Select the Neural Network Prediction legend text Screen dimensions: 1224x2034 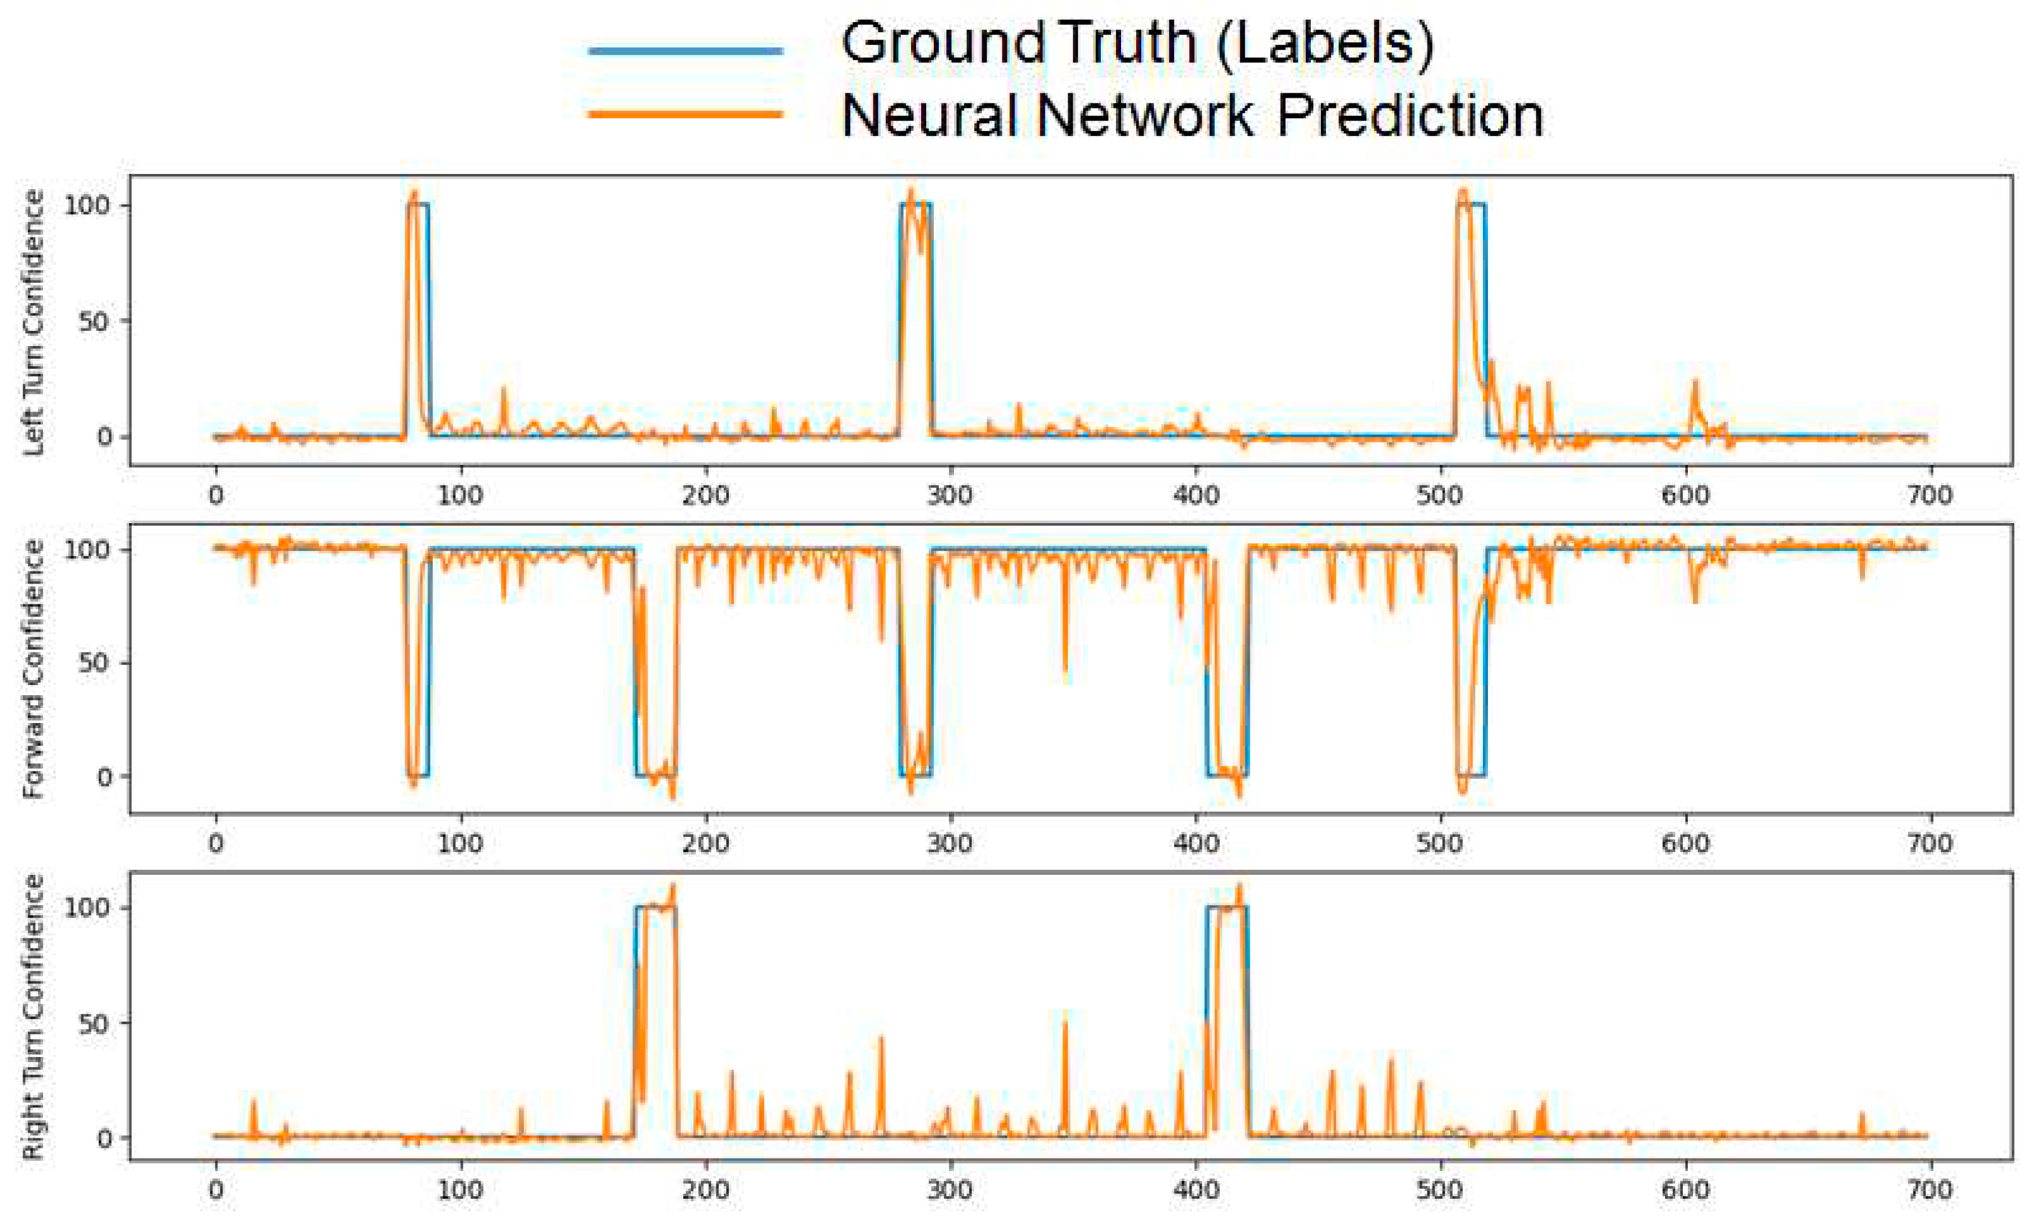tap(1192, 115)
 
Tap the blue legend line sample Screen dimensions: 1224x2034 tap(685, 51)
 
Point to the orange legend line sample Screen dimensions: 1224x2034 tap(685, 115)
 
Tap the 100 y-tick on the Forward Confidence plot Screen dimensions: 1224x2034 tap(86, 550)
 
